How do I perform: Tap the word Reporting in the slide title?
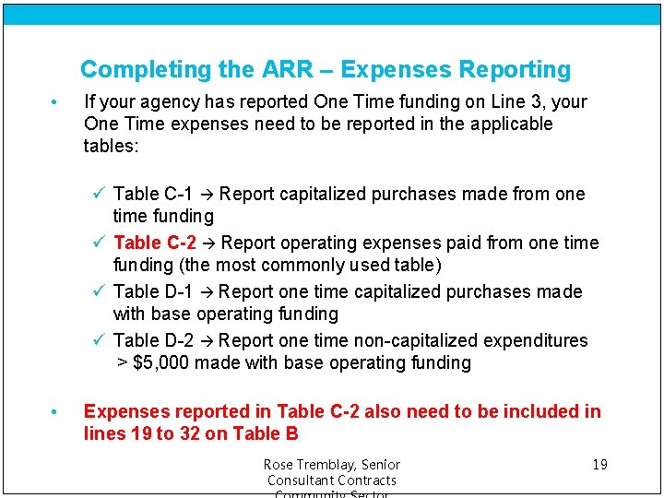coord(516,70)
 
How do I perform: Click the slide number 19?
coord(599,464)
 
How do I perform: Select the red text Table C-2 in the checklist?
coord(154,243)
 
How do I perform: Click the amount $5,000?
coord(161,362)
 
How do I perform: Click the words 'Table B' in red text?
coord(266,433)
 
